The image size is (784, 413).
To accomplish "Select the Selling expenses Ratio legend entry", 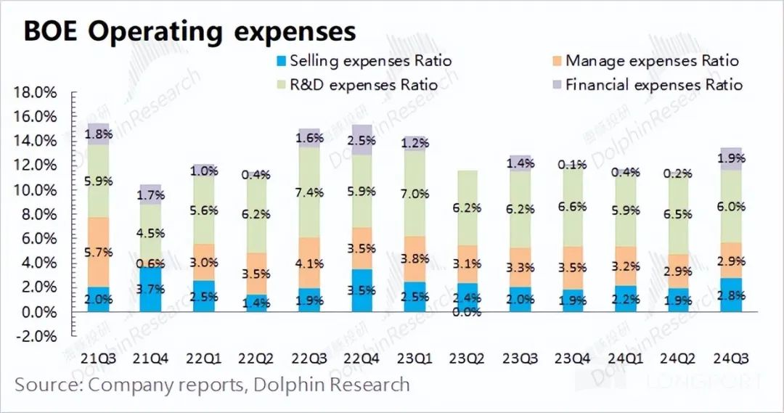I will pyautogui.click(x=370, y=61).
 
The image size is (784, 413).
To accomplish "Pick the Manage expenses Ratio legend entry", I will pyautogui.click(x=651, y=61).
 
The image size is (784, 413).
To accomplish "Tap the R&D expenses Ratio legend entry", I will pyautogui.click(x=363, y=85).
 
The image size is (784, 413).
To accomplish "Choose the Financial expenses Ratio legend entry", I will pyautogui.click(x=653, y=85).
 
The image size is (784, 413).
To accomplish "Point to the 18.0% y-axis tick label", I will pyautogui.click(x=36, y=93).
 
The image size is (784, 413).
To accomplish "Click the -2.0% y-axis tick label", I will pyautogui.click(x=36, y=337).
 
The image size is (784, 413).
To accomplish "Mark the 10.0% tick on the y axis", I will pyautogui.click(x=36, y=190).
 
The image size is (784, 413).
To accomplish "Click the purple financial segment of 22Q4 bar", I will pyautogui.click(x=362, y=140).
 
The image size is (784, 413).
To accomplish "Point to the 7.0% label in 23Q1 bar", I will pyautogui.click(x=415, y=195).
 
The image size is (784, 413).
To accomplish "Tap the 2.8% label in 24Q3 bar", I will pyautogui.click(x=732, y=296).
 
